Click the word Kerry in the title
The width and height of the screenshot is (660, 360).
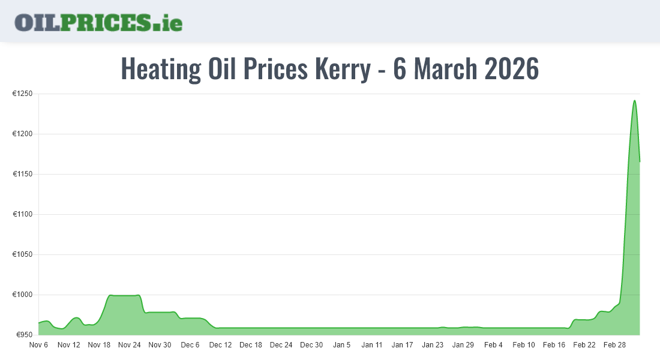(343, 69)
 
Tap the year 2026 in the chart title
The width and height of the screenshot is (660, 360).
(511, 69)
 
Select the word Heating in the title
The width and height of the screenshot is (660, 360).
(161, 69)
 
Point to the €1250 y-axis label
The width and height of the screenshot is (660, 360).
(23, 94)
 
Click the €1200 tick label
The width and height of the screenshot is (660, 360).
(23, 134)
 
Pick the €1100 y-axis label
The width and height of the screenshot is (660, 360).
(23, 214)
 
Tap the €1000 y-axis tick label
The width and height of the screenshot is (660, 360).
(23, 295)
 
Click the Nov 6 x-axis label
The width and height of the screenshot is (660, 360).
(38, 345)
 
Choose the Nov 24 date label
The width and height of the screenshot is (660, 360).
(130, 345)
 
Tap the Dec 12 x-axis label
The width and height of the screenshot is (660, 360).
(220, 345)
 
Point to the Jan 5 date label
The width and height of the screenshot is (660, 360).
(342, 345)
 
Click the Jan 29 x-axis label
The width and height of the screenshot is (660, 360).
(463, 345)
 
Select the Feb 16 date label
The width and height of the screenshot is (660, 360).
(554, 345)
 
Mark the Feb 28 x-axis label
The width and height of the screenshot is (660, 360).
(614, 345)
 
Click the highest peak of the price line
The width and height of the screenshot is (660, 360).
(634, 100)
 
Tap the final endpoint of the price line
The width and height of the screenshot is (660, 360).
(640, 161)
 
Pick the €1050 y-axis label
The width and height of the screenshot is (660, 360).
(23, 254)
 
